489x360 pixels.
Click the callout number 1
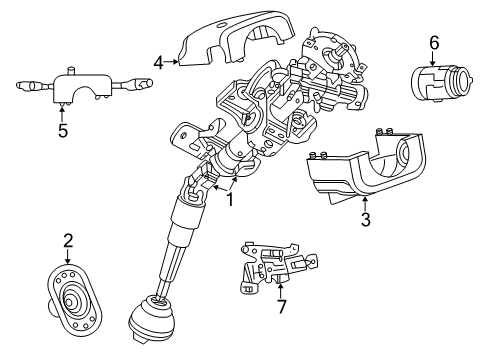click(x=229, y=199)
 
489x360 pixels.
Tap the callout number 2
click(x=67, y=240)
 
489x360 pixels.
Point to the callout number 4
click(x=159, y=62)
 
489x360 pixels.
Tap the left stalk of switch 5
click(x=30, y=86)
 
